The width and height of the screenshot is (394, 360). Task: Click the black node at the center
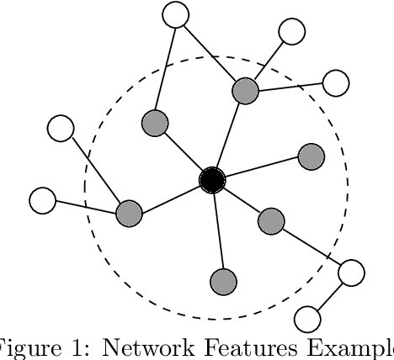[212, 180]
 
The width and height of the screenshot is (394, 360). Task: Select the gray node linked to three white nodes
[245, 91]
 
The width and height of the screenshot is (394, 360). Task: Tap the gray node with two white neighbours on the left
[129, 213]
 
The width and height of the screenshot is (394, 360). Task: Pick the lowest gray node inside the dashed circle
[222, 281]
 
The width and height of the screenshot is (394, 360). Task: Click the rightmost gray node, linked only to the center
[311, 156]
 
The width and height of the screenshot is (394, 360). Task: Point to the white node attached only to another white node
[307, 319]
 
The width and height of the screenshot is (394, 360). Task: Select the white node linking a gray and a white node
[350, 273]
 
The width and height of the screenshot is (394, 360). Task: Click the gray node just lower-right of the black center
[270, 221]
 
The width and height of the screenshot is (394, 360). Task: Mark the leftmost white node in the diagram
[42, 201]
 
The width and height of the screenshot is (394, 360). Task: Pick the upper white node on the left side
[61, 129]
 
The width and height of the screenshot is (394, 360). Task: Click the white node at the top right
[292, 32]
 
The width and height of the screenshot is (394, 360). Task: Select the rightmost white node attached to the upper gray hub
[336, 82]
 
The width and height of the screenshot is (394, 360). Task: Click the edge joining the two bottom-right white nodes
[329, 295]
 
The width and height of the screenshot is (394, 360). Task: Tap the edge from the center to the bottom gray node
[217, 231]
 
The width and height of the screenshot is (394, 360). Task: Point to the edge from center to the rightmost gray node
[262, 168]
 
